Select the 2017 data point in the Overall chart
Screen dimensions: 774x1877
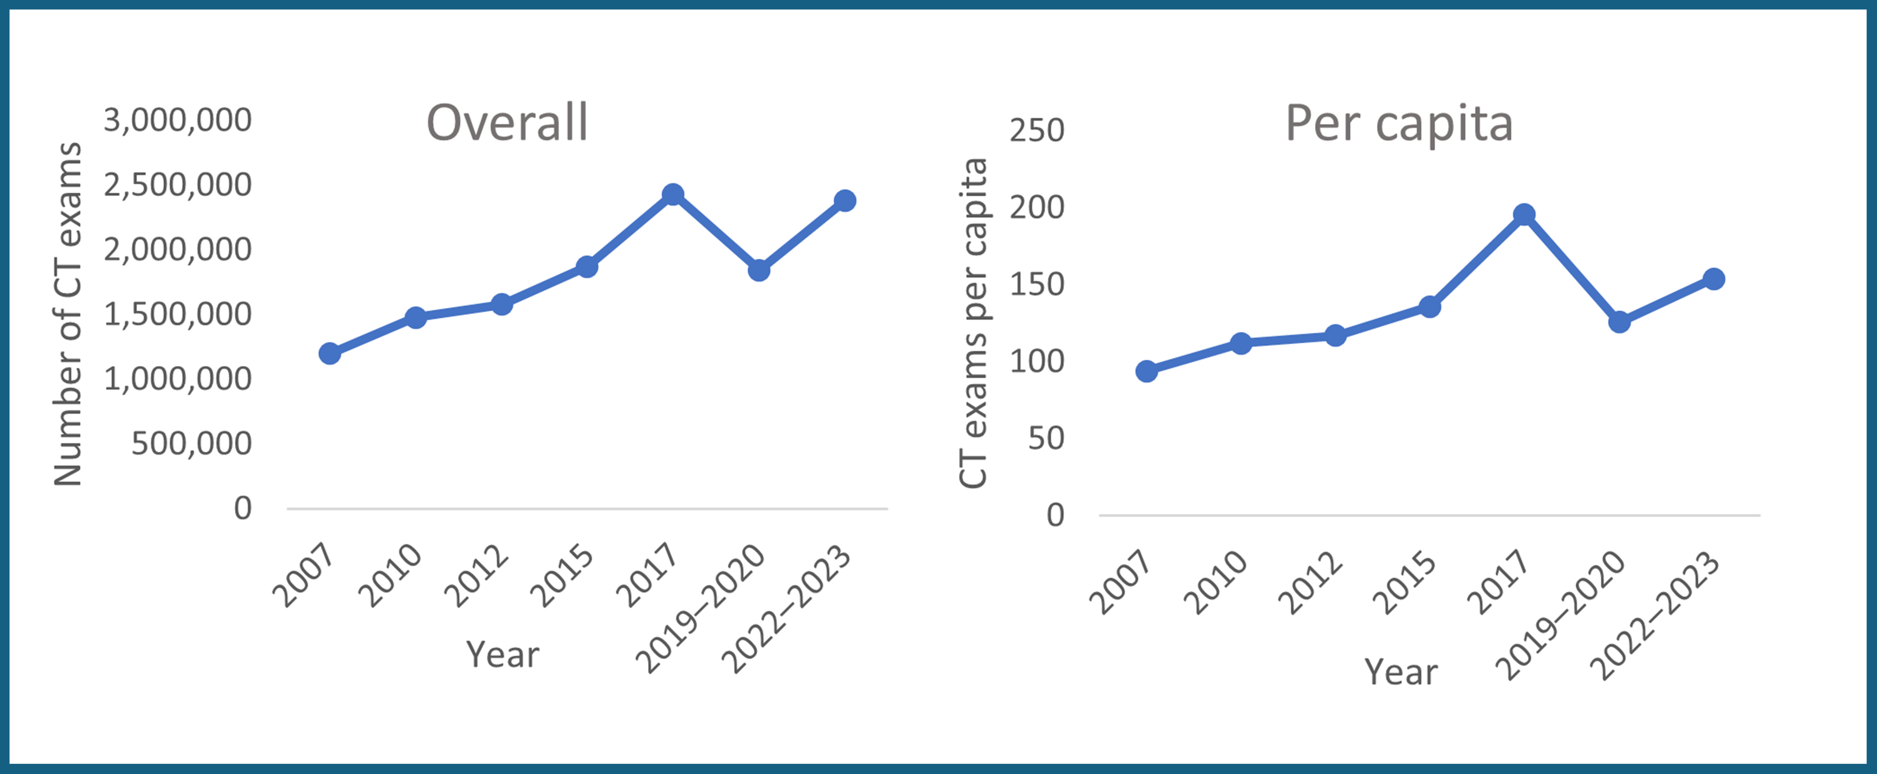coord(673,194)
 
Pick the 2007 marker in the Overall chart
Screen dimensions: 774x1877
coord(329,353)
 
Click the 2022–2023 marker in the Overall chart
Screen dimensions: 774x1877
coord(845,200)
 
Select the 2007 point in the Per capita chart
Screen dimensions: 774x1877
coord(1146,371)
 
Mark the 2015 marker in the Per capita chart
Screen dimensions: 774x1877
coord(1429,307)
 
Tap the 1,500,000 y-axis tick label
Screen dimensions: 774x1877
coord(178,314)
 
